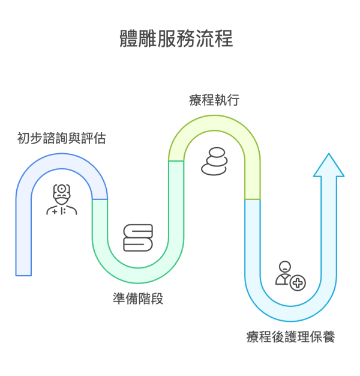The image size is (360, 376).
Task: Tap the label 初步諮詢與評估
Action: (x=62, y=139)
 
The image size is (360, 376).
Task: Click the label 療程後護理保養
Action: (x=290, y=337)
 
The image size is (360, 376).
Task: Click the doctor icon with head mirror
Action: (x=61, y=200)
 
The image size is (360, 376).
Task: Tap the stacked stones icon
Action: (x=214, y=162)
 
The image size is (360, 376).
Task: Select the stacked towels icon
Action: (x=138, y=237)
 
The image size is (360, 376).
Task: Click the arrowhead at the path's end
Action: (x=329, y=165)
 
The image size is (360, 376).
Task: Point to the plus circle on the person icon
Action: (x=297, y=282)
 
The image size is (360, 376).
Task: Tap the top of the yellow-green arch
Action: (x=214, y=123)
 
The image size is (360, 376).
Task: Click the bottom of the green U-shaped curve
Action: (x=138, y=275)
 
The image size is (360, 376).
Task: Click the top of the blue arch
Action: (x=61, y=161)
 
